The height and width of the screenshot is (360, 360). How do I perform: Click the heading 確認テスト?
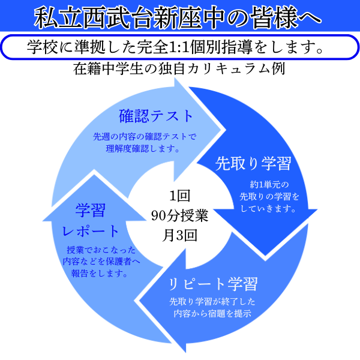click(x=157, y=115)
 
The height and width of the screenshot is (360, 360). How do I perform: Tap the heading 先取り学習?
click(x=253, y=163)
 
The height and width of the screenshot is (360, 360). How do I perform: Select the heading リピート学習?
click(x=212, y=283)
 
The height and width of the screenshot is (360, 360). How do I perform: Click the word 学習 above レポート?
click(x=91, y=210)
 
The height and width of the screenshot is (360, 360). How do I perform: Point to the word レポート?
click(x=91, y=230)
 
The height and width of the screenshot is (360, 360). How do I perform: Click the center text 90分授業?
click(x=179, y=215)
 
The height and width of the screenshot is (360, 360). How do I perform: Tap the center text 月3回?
click(x=179, y=234)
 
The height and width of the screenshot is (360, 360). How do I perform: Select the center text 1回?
click(x=179, y=196)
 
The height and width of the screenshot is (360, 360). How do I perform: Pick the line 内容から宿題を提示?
click(x=212, y=313)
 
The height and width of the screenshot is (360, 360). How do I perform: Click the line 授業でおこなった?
click(x=102, y=250)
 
